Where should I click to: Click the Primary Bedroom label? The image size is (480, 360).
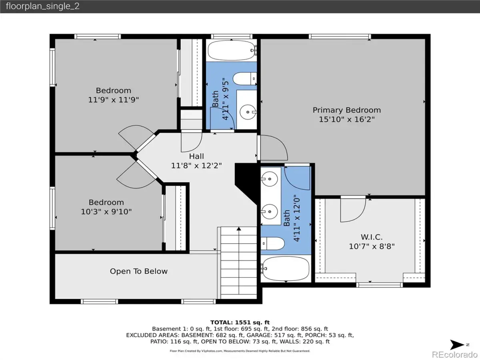pyautogui.click(x=347, y=110)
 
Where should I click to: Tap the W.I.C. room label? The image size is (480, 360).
pyautogui.click(x=372, y=237)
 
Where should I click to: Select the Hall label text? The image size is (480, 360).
pyautogui.click(x=196, y=156)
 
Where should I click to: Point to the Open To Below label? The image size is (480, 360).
pyautogui.click(x=139, y=271)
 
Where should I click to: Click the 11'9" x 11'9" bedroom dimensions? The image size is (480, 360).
pyautogui.click(x=113, y=100)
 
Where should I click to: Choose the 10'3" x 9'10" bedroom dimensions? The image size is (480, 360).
pyautogui.click(x=106, y=212)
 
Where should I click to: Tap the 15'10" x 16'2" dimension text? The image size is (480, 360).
pyautogui.click(x=347, y=119)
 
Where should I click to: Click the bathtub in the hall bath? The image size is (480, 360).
pyautogui.click(x=231, y=50)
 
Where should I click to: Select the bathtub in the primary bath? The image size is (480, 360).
pyautogui.click(x=285, y=269)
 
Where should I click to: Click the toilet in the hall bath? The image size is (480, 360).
pyautogui.click(x=245, y=79)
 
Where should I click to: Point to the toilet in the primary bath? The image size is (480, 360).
pyautogui.click(x=272, y=244)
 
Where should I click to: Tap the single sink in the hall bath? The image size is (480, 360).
pyautogui.click(x=248, y=112)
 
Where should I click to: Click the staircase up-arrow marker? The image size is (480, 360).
pyautogui.click(x=239, y=229)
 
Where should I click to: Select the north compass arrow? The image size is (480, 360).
pyautogui.click(x=457, y=345)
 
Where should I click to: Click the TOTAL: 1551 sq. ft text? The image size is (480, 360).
pyautogui.click(x=240, y=322)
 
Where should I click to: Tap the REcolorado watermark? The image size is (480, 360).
pyautogui.click(x=455, y=354)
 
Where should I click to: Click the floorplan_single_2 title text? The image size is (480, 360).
pyautogui.click(x=42, y=6)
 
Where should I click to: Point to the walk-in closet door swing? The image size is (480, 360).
pyautogui.click(x=353, y=210)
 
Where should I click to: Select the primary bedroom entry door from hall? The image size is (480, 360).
pyautogui.click(x=274, y=148)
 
